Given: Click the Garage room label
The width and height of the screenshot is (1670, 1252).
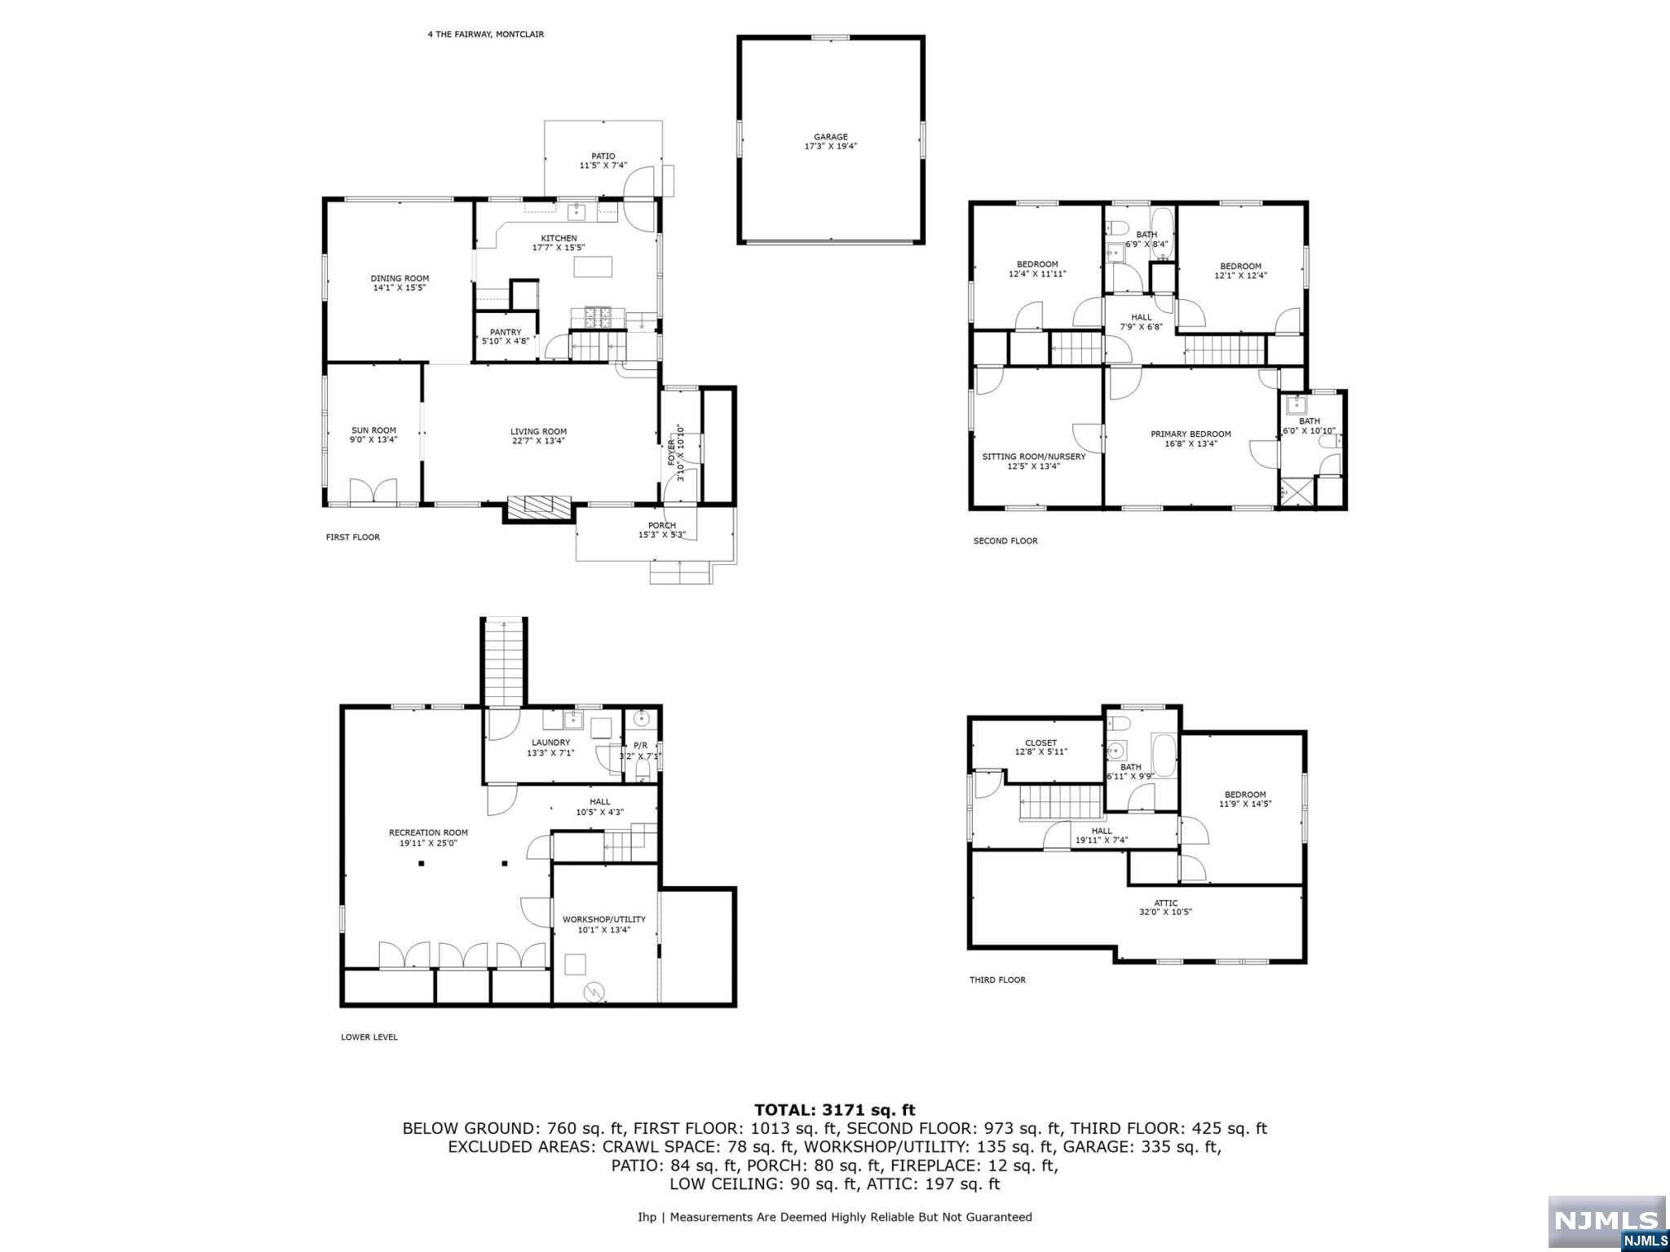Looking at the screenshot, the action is coord(830,137).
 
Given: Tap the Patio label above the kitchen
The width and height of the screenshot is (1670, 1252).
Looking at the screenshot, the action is coord(603,156).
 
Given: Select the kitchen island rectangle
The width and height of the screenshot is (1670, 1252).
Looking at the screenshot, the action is coord(593,267).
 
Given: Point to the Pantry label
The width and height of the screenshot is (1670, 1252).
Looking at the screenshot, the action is coord(506,333).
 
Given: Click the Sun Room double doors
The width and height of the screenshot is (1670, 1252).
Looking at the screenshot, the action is coord(373,492).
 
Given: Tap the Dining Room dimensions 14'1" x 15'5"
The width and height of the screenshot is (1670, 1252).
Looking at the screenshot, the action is coord(400,288).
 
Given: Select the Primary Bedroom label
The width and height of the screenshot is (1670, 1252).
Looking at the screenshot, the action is coord(1191,434).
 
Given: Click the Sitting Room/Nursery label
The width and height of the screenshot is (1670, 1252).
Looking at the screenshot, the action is coord(1034,456).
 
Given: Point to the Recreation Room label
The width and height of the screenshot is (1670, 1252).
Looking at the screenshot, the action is coord(428,833).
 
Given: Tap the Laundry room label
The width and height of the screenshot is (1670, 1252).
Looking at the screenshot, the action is coord(550,743).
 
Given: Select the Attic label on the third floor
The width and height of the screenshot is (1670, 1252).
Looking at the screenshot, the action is coord(1166,903).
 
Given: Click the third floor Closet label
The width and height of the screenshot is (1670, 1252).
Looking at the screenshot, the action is coord(1040,743).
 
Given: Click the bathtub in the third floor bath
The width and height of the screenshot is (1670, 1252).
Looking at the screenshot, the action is coord(1164,756).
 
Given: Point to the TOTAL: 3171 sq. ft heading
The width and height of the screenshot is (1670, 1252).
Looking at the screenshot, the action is coord(835,1109).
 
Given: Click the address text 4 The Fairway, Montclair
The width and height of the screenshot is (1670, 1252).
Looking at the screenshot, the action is coord(485,34).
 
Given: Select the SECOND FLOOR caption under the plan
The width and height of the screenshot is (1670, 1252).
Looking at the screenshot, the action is coord(1005,540).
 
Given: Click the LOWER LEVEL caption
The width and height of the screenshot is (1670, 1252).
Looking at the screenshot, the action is coord(369,1037).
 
